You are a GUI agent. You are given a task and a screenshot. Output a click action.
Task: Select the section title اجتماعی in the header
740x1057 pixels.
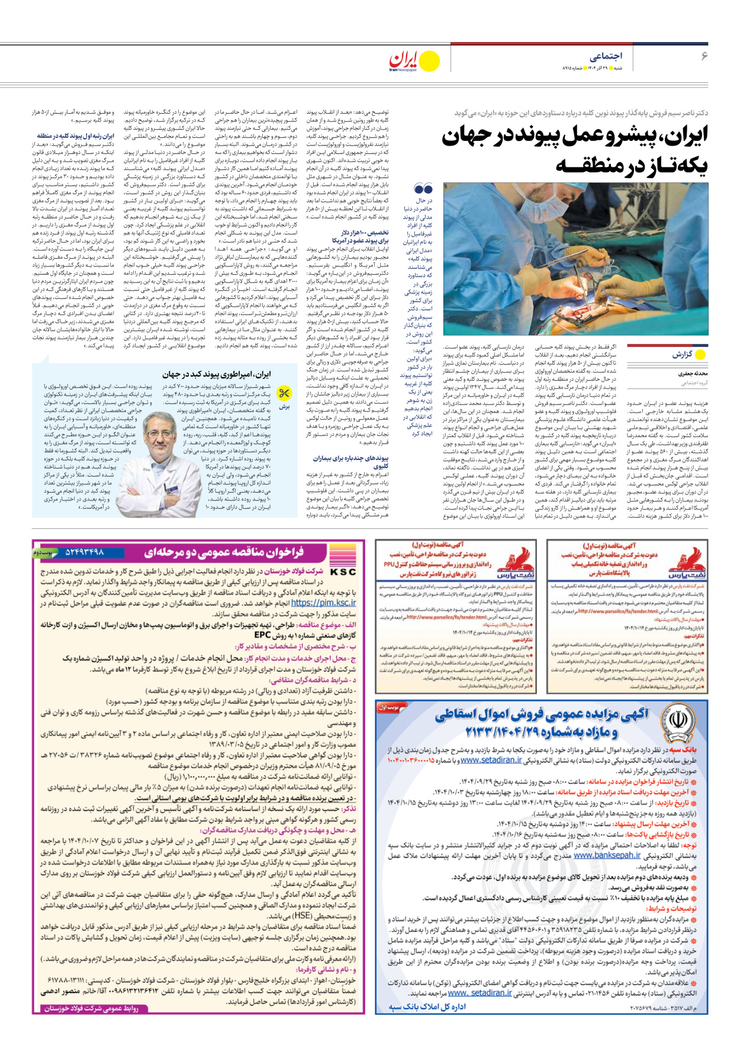pos(606,56)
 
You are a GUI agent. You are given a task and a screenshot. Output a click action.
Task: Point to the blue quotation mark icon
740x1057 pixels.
pos(423,189)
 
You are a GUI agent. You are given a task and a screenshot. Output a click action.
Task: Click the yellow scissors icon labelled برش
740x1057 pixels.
pos(284,393)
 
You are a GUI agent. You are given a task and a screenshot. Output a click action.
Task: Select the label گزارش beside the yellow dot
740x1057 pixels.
pos(681,355)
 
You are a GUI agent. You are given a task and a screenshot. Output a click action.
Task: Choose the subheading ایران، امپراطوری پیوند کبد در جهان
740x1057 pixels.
pos(217,374)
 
